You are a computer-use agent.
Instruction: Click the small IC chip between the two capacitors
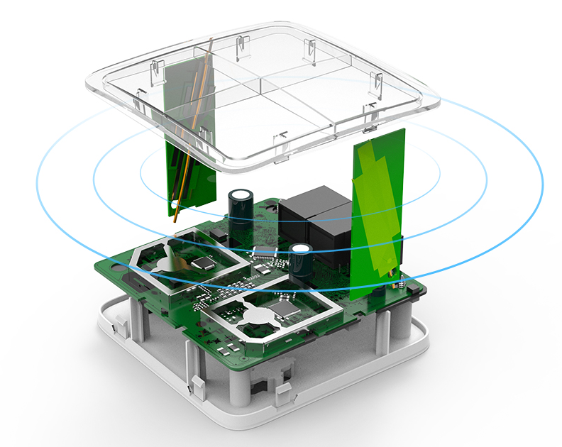click(x=263, y=250)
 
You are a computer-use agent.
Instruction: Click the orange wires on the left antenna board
click(x=192, y=128)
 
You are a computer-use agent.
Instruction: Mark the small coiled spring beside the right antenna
click(x=400, y=286)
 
